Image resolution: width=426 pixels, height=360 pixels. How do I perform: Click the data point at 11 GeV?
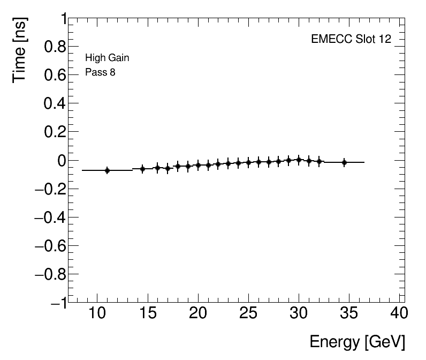pos(107,170)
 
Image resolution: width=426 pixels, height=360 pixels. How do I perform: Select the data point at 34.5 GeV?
pos(344,162)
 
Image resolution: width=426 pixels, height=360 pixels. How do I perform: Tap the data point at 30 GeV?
pos(299,160)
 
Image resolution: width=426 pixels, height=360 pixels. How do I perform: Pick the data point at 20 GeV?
pos(198,165)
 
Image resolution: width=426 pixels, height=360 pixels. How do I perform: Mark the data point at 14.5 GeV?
pos(142,169)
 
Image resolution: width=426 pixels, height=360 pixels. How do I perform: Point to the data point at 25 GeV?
pos(248,162)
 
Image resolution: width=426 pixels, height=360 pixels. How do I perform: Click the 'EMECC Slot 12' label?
pos(351,40)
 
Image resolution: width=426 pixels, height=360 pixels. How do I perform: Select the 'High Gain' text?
pos(107,58)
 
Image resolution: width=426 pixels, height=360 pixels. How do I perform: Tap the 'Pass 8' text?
pos(100,72)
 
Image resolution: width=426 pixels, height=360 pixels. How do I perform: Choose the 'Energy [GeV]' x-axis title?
pos(357,341)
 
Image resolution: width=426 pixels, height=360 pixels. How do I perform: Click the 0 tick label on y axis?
pos(62,161)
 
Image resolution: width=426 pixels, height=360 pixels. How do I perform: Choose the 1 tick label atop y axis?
pos(63,19)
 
